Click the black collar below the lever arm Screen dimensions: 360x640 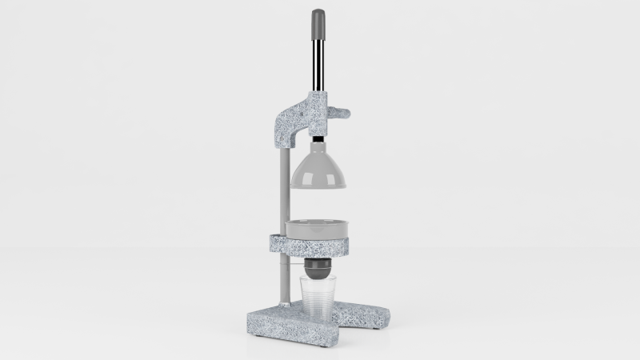pyautogui.click(x=318, y=136)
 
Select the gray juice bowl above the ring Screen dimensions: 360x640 pyautogui.click(x=318, y=229)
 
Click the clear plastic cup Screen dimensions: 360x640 pyautogui.click(x=318, y=300)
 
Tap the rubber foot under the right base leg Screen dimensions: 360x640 pyautogui.click(x=374, y=327)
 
